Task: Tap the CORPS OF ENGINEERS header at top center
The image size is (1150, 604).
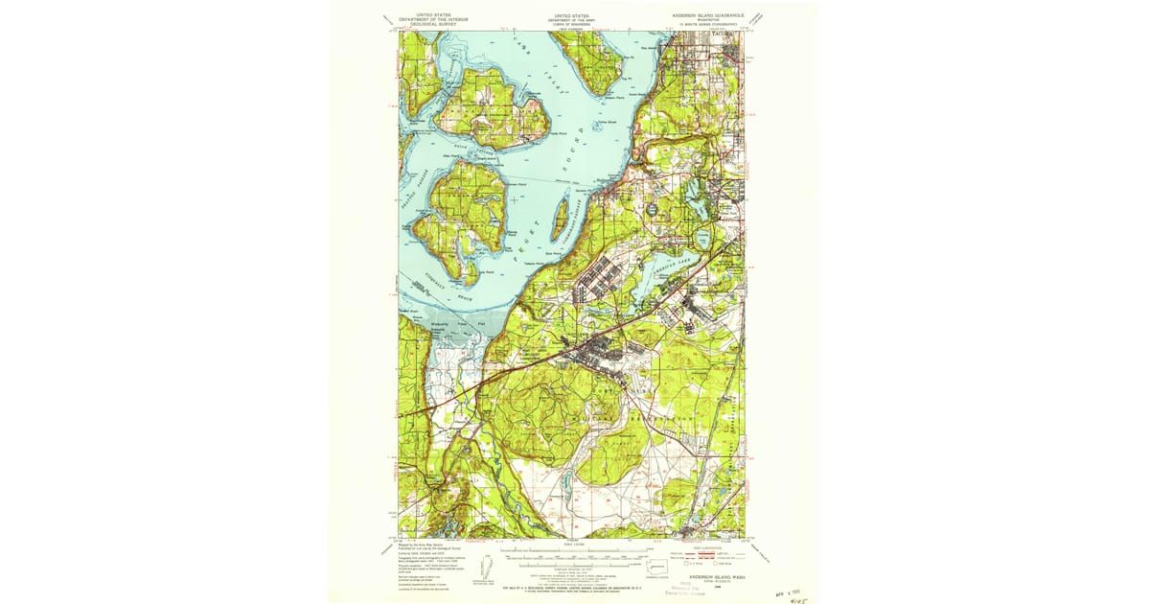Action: (x=573, y=24)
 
